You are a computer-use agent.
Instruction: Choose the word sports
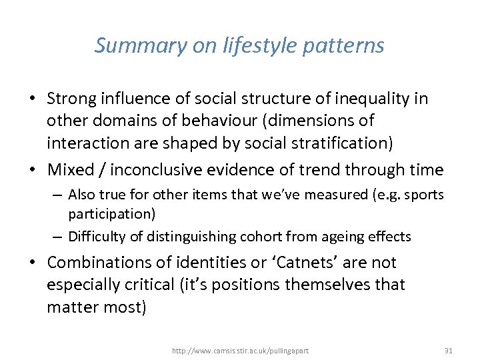426,195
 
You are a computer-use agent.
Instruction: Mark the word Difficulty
95,236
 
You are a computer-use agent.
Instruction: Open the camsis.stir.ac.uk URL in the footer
240,351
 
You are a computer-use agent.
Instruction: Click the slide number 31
448,350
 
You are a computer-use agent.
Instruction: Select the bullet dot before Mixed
34,171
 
